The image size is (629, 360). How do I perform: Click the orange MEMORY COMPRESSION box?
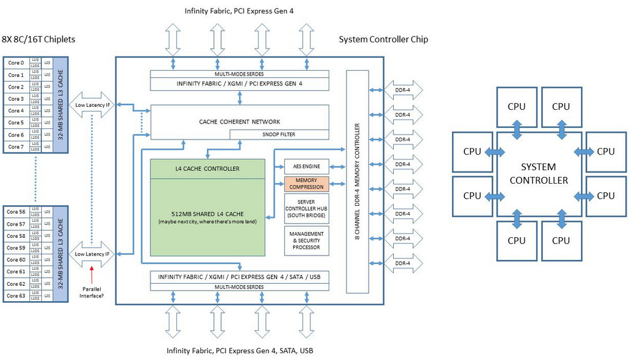coord(307,184)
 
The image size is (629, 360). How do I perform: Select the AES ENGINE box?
coord(307,166)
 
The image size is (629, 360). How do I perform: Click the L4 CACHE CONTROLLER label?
coord(208,168)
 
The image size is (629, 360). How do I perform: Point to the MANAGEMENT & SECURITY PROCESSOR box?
coord(307,241)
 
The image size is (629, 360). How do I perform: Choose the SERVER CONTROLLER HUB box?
coord(307,208)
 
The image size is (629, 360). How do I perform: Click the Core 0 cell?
coord(16,63)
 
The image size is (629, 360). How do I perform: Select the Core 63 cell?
coord(16,296)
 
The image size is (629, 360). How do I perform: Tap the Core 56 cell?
coord(16,212)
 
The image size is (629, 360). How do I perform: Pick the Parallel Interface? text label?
coord(92,291)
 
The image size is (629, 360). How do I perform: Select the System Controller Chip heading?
coord(383,39)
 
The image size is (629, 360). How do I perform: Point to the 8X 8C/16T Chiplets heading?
coord(38,39)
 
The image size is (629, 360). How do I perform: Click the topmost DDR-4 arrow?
coord(402,90)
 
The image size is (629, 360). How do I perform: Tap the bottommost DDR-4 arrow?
coord(402,263)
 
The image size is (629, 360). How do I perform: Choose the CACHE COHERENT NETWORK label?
coord(240,122)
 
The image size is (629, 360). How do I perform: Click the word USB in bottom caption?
coord(305,351)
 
